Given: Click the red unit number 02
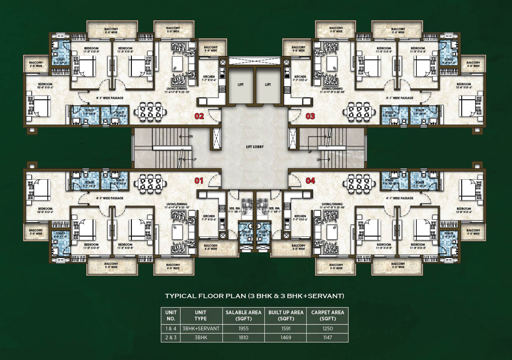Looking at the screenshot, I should (199, 116).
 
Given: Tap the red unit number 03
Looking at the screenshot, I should (310, 116).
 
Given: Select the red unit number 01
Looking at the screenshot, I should (199, 181).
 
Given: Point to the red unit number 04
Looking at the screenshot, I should (310, 181).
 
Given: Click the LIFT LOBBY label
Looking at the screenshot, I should (255, 147).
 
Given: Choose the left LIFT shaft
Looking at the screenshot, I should (241, 85).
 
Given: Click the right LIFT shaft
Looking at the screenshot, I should (268, 85).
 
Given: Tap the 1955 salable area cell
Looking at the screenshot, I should (243, 328).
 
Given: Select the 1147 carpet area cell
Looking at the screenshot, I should (327, 337).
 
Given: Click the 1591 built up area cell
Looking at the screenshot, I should (286, 328).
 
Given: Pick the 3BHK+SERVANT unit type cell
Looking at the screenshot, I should (201, 328).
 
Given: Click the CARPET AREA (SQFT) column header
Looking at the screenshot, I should (327, 315).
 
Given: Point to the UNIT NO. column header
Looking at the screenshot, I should (171, 315).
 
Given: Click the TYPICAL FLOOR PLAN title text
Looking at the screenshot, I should (254, 296).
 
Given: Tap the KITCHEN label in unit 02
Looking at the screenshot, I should (209, 77).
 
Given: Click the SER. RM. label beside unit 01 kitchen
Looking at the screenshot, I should (235, 208).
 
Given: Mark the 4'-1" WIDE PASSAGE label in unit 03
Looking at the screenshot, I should (399, 98).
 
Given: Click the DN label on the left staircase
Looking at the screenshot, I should (191, 137).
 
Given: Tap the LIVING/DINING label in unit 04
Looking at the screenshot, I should (332, 204).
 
